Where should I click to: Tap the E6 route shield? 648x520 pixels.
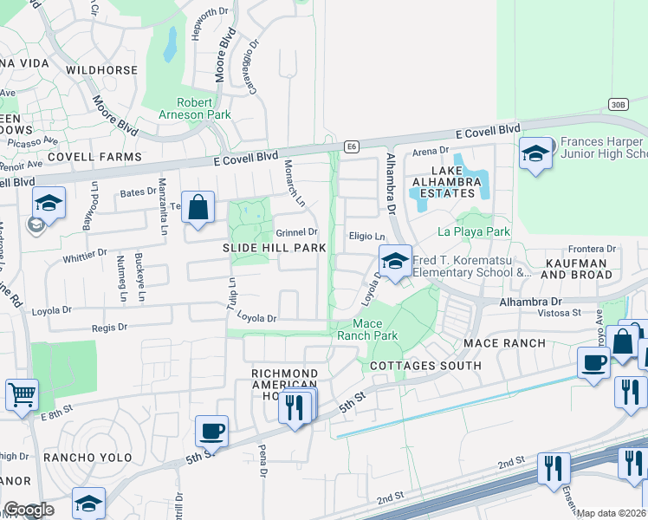coord(352,146)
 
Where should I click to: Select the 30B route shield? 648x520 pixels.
coord(617,105)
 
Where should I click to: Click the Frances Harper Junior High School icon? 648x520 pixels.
coord(535,153)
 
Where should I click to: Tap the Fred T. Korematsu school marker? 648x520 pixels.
coord(395,261)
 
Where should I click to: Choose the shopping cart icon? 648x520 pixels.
coord(22,394)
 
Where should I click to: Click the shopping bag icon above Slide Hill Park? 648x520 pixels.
coord(198,208)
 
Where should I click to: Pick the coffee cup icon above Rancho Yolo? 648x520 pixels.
coord(211,430)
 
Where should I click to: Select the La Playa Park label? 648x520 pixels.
coord(474,231)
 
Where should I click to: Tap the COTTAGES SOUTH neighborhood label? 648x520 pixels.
coord(425,366)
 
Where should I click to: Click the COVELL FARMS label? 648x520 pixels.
coord(94,157)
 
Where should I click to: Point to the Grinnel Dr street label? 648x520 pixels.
coord(297,232)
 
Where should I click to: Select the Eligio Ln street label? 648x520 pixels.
coord(366,235)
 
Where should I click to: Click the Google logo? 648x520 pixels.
coord(28,510)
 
